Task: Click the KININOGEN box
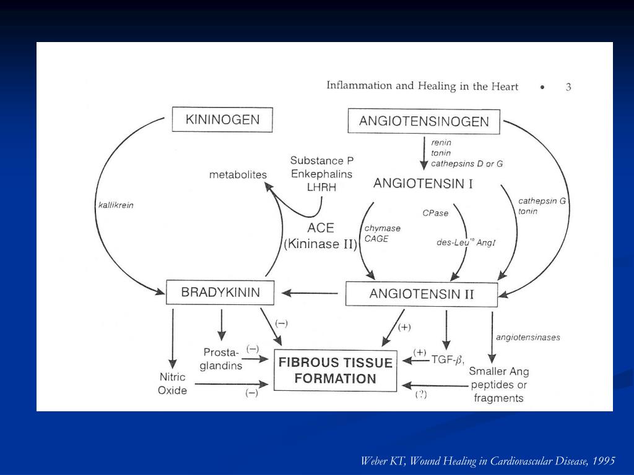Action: [222, 119]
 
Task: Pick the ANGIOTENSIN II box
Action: [421, 294]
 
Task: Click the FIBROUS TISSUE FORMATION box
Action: [335, 370]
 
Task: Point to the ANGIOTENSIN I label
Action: [423, 184]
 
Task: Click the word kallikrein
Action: [116, 205]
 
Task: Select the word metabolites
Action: [238, 175]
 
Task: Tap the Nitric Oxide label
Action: [172, 383]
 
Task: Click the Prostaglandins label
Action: [221, 359]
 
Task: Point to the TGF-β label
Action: [448, 358]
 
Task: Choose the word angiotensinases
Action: [528, 337]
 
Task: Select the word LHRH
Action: [321, 187]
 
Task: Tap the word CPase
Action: [435, 213]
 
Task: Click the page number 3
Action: [568, 87]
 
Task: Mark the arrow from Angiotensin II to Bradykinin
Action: [310, 293]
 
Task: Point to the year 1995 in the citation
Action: [603, 461]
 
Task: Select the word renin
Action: [441, 142]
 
